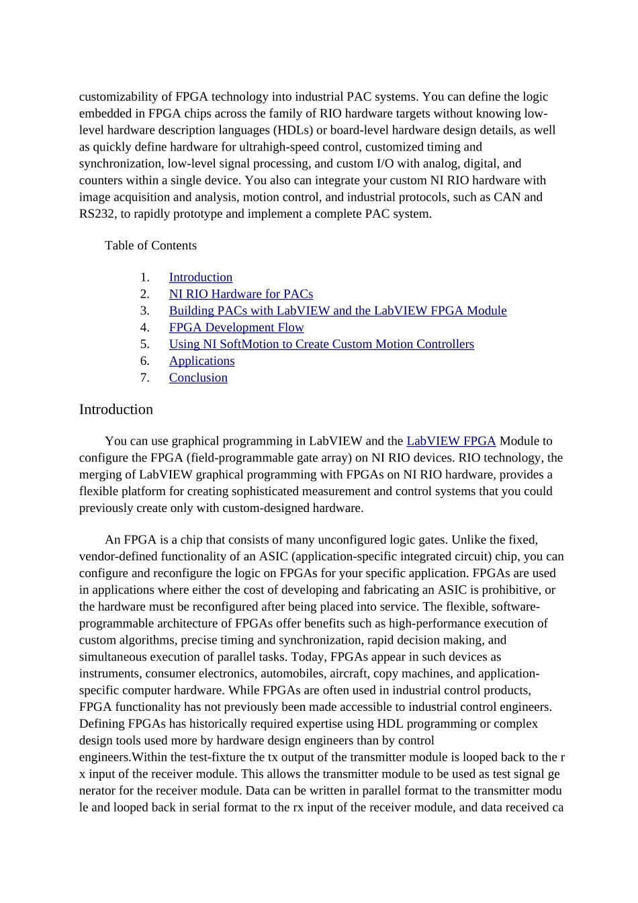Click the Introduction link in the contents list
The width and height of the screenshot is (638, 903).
pyautogui.click(x=200, y=277)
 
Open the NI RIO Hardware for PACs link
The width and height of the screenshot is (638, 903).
pyautogui.click(x=240, y=294)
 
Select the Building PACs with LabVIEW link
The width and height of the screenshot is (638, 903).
pyautogui.click(x=337, y=311)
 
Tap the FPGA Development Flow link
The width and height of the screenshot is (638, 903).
pyautogui.click(x=236, y=328)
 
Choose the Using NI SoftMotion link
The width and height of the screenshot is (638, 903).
pyautogui.click(x=321, y=345)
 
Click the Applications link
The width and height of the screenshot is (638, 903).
pyautogui.click(x=201, y=361)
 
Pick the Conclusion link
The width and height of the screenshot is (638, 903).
pyautogui.click(x=198, y=378)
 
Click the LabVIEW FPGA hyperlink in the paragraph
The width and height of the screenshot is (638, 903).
pyautogui.click(x=451, y=441)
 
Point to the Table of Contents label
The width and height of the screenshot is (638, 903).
pyautogui.click(x=150, y=246)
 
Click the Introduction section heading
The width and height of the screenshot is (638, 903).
pyautogui.click(x=116, y=410)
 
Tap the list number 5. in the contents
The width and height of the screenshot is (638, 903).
pyautogui.click(x=144, y=345)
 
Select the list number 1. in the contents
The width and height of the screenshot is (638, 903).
pyautogui.click(x=144, y=277)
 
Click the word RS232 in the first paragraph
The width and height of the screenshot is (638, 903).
pyautogui.click(x=97, y=214)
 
